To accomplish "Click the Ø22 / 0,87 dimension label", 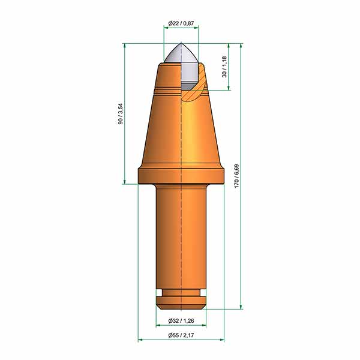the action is click(181, 23).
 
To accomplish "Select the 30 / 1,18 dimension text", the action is click(224, 67).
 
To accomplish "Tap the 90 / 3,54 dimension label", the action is click(121, 114).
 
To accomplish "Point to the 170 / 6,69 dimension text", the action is click(236, 176).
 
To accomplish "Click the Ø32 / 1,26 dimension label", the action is click(181, 321).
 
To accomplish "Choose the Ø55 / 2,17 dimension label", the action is click(181, 335).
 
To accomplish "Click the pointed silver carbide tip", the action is click(181, 53).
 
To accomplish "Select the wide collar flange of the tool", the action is click(181, 176).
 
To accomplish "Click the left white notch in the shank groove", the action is click(159, 293).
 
